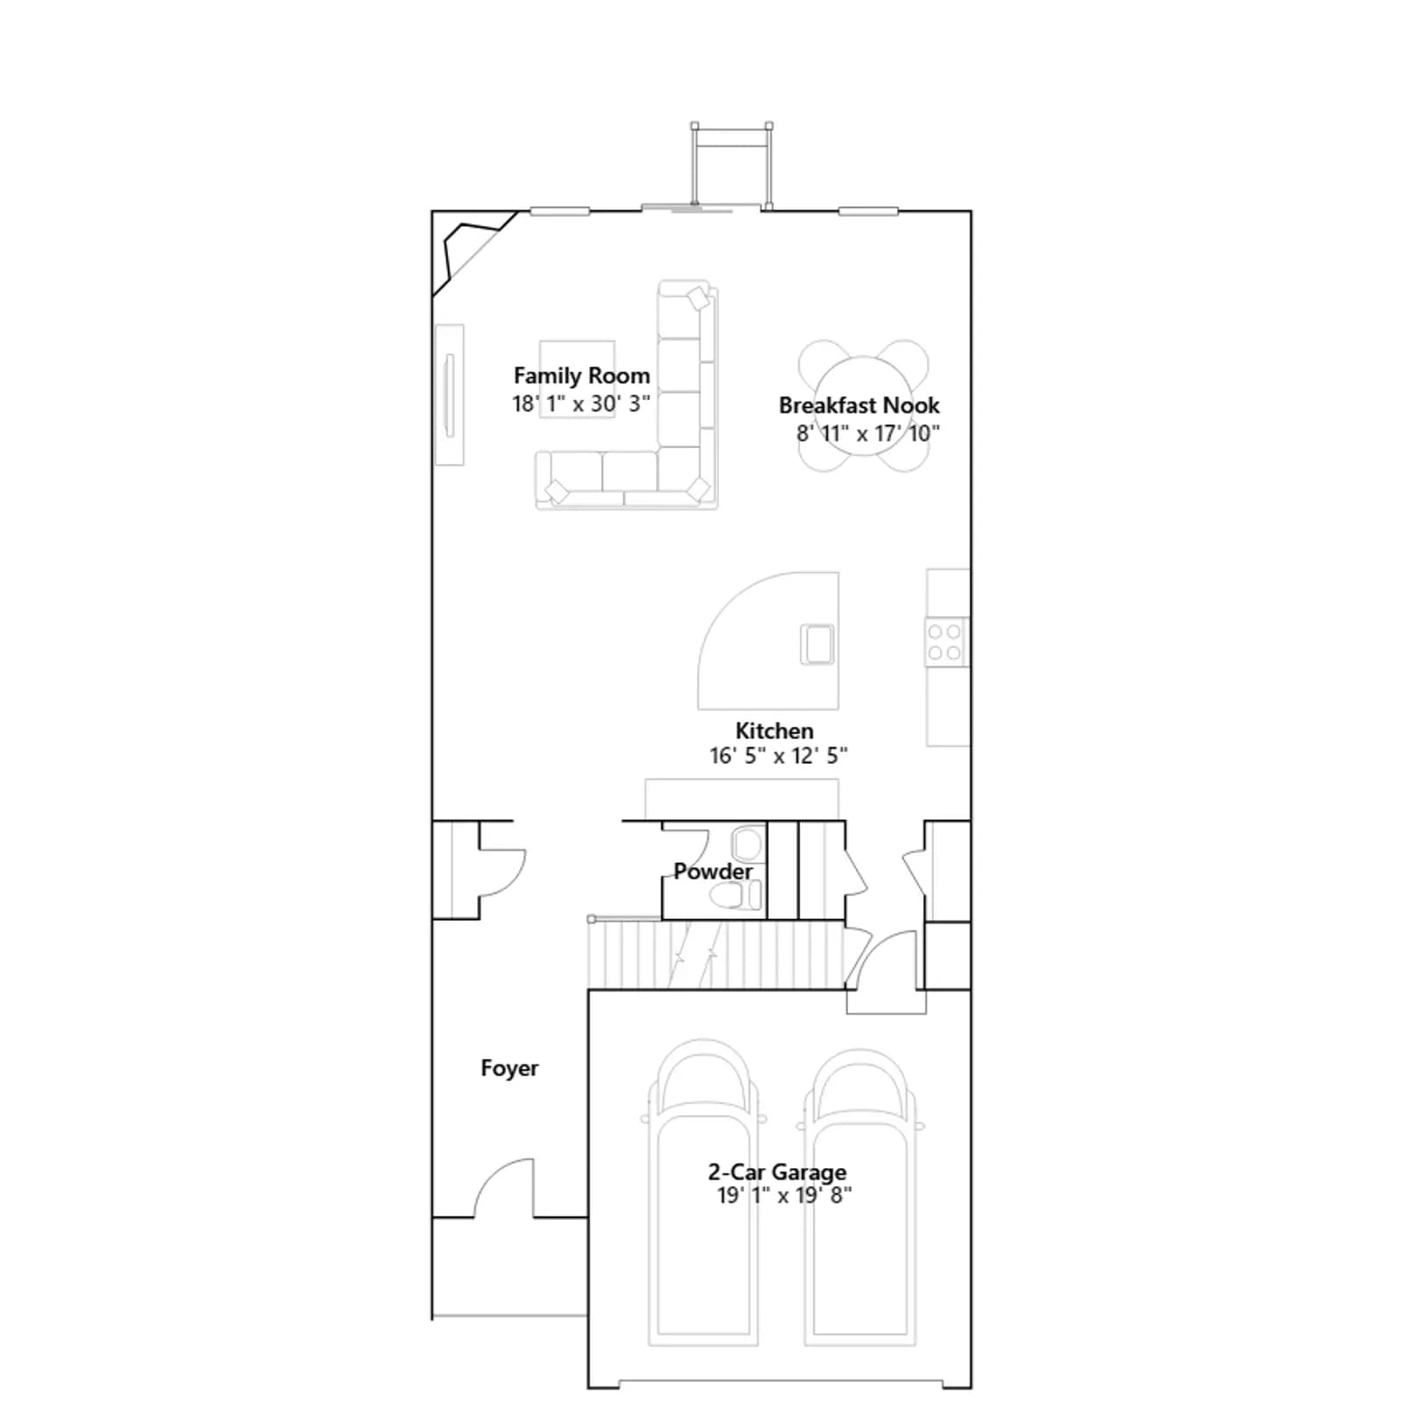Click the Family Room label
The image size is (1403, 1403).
point(581,375)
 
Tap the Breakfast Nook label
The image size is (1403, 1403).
point(858,405)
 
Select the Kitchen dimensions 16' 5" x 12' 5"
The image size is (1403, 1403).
point(778,755)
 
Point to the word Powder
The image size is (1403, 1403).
point(713,872)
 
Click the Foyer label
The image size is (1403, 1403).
point(509,1068)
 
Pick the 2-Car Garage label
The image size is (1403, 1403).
point(777,1172)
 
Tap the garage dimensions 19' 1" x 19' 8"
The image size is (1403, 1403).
point(784,1195)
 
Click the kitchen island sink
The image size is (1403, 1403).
point(817,644)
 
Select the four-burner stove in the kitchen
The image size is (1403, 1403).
point(946,642)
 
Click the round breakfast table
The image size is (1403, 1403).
point(862,406)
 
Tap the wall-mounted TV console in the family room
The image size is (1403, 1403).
point(450,395)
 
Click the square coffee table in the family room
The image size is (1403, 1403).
point(577,379)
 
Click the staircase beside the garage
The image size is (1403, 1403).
point(716,954)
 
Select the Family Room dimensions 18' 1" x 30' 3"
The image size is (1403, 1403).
point(581,403)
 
